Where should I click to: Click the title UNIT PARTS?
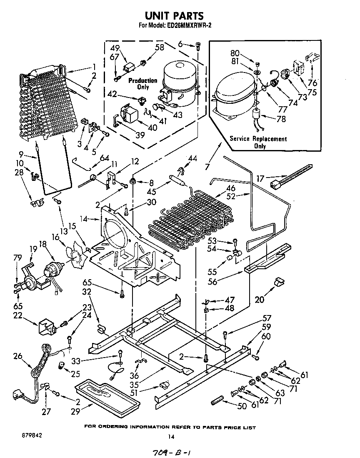[x=174, y=16]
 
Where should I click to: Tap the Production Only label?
[x=142, y=84]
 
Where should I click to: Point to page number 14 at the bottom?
[x=170, y=437]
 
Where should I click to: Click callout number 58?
[x=160, y=48]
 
